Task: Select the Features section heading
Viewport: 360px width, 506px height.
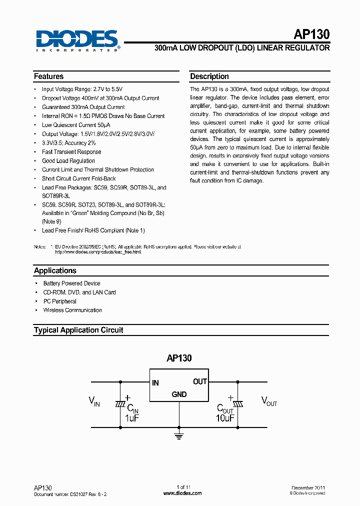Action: click(x=48, y=76)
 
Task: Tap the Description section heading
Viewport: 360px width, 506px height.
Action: click(x=209, y=76)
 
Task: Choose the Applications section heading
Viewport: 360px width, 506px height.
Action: click(x=55, y=270)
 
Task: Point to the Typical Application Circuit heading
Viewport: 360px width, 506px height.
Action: click(x=78, y=330)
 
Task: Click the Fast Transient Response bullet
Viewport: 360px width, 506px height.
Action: click(x=71, y=152)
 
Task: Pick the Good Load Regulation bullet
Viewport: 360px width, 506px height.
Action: click(x=68, y=161)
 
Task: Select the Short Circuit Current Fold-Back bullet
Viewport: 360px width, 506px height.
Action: click(x=79, y=178)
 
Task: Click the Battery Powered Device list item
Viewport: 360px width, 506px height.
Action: click(x=71, y=283)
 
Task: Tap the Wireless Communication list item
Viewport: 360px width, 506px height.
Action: click(x=72, y=310)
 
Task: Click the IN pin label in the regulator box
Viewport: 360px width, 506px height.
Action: click(x=155, y=383)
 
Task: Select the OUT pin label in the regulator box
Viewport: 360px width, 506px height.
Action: click(x=200, y=381)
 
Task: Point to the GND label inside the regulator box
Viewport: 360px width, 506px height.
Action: click(x=179, y=394)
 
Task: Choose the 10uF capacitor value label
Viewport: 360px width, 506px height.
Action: click(x=225, y=417)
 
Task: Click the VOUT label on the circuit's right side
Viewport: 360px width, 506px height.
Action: click(x=269, y=401)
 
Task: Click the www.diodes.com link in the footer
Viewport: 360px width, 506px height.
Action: click(x=183, y=493)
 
